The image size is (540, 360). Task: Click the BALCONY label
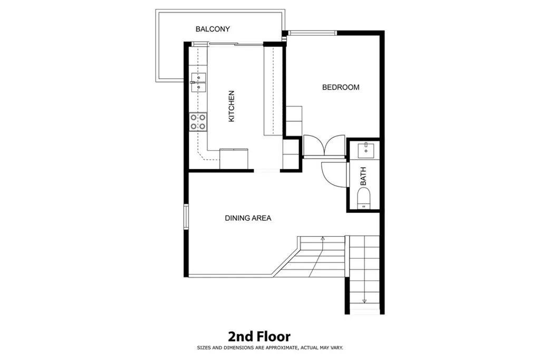click(213, 29)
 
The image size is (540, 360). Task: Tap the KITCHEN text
click(231, 106)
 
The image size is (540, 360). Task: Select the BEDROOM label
click(341, 87)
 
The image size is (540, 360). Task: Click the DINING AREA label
click(248, 218)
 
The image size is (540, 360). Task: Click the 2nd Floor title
click(259, 336)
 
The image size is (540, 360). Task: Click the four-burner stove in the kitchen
click(198, 122)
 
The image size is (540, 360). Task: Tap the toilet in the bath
click(364, 199)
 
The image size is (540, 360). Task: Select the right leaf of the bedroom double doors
click(335, 145)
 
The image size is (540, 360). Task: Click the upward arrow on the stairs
click(322, 240)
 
